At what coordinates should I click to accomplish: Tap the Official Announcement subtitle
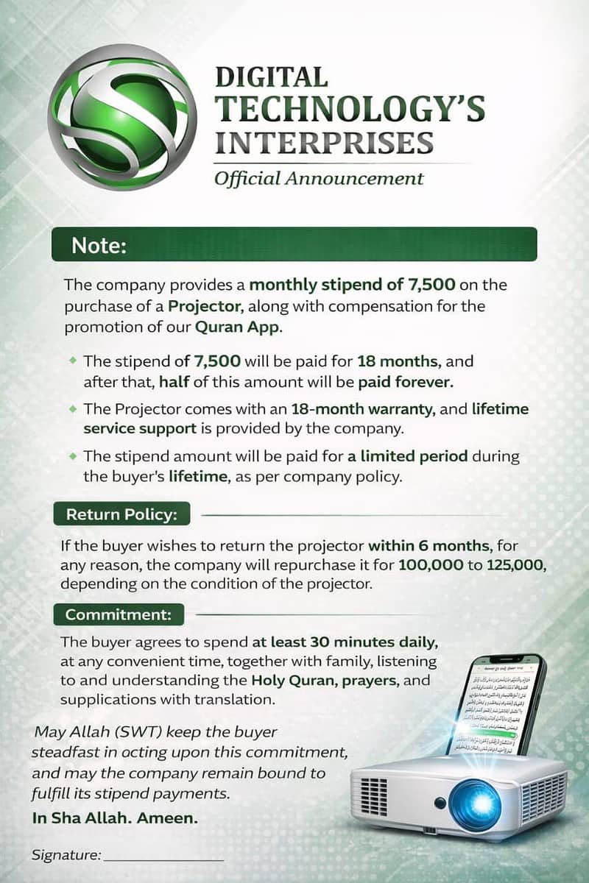[319, 178]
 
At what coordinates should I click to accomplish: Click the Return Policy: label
[121, 514]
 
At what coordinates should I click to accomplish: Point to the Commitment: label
[119, 614]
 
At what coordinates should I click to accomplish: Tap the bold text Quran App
[238, 328]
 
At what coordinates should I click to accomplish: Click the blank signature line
[163, 858]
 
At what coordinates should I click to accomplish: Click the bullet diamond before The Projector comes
[72, 408]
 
